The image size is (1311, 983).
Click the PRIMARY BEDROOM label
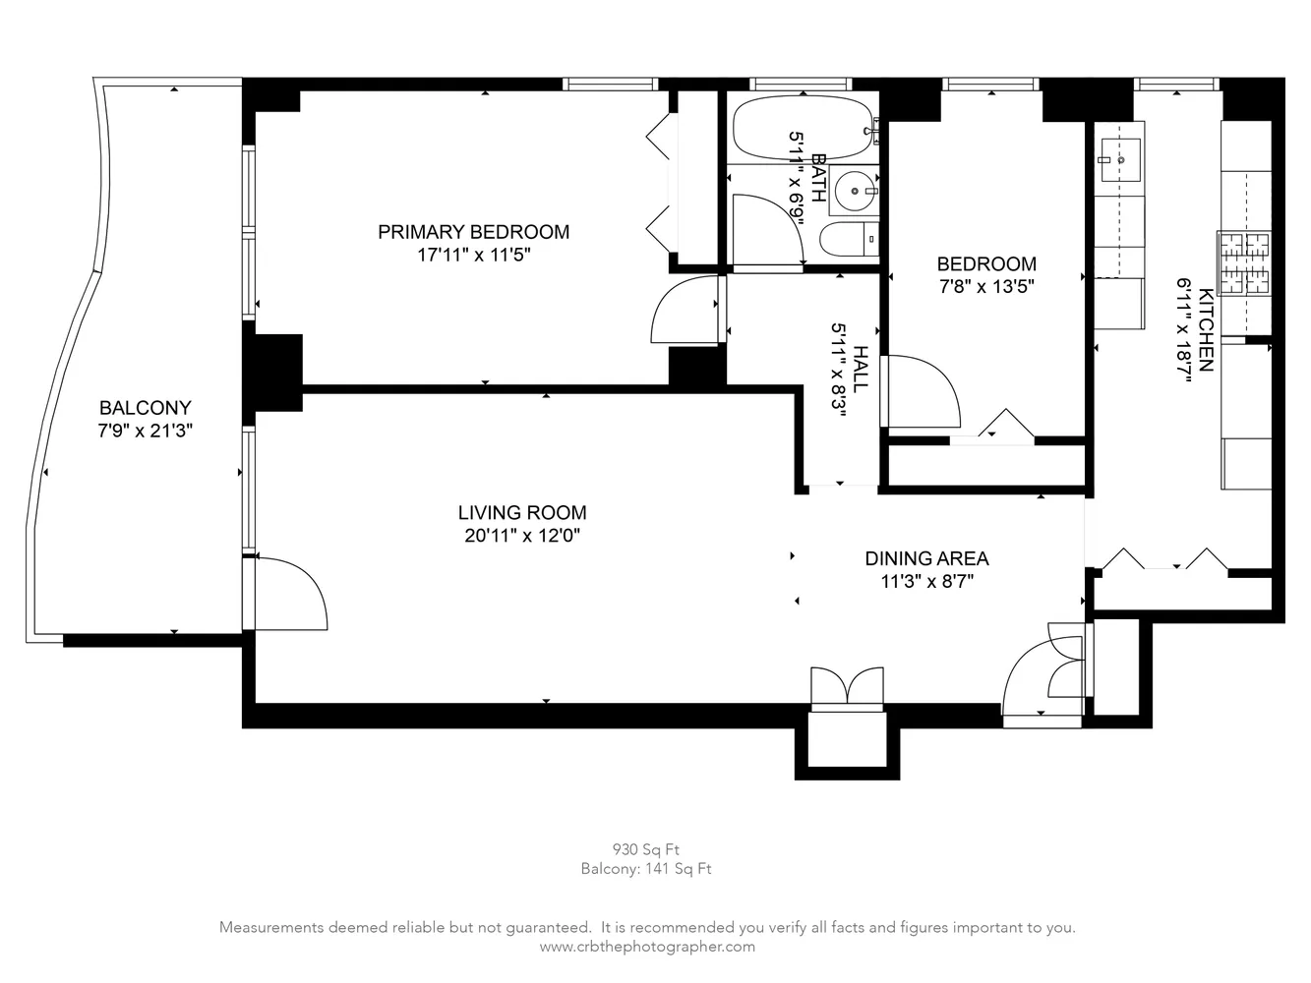coord(473,232)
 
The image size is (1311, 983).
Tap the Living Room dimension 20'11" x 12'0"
coord(522,536)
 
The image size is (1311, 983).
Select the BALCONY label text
coord(145,407)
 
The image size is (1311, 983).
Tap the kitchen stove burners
coord(1244,263)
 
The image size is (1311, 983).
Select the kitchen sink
coord(1119,157)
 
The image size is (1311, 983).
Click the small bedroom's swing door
coord(923,391)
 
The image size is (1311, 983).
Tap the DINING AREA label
coord(926,558)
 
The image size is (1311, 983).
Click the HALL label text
coord(861,369)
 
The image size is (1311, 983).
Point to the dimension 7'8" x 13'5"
coord(985,287)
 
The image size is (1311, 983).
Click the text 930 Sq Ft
coord(645,849)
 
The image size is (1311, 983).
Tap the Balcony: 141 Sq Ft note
coord(645,869)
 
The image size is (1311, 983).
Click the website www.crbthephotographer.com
coord(647,947)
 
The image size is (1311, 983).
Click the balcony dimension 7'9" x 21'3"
coord(145,431)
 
